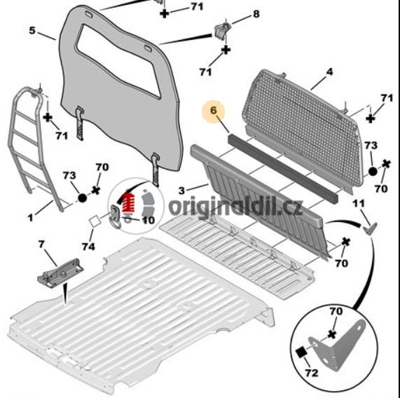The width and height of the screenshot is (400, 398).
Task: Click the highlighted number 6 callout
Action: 213,111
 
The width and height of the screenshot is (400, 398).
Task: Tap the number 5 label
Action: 32,31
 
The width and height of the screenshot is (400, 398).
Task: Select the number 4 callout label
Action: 329,71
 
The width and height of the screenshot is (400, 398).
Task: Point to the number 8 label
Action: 256,14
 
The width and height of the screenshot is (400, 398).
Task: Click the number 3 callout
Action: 181,191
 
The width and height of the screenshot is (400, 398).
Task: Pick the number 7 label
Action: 41,245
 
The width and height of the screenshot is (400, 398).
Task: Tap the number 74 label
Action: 88,247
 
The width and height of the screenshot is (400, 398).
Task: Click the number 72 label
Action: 312,373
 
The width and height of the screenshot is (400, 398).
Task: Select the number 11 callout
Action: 359,203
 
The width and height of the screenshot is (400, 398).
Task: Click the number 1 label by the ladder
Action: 30,218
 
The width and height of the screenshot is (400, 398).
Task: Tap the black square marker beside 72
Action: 301,352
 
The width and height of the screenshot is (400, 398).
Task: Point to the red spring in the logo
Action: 129,203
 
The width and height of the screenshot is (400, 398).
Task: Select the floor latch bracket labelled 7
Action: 60,273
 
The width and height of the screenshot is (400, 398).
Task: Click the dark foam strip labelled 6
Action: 282,168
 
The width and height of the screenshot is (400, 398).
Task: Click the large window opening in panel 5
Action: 118,60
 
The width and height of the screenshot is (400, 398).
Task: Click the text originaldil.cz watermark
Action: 236,207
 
